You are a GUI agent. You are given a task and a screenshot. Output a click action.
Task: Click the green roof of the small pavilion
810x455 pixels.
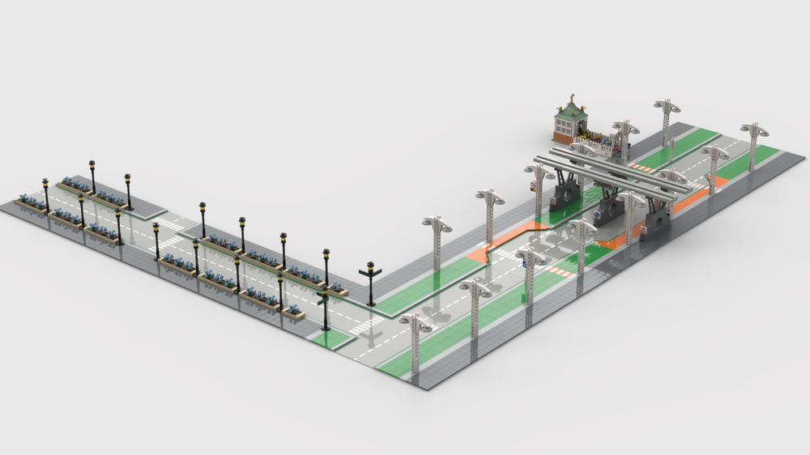click(x=569, y=111)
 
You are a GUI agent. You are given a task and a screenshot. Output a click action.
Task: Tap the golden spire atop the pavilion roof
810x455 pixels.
click(x=570, y=97)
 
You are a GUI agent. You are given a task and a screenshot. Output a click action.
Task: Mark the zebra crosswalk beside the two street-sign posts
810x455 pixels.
click(x=366, y=324)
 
